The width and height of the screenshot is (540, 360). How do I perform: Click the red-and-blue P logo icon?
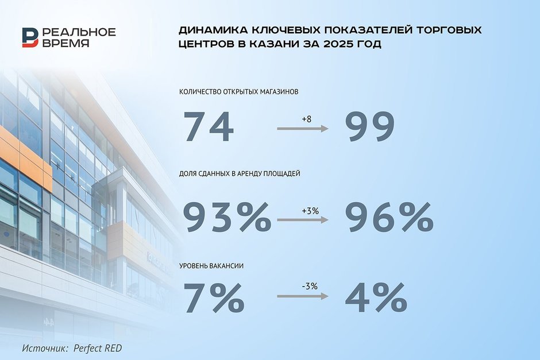(x=30, y=37)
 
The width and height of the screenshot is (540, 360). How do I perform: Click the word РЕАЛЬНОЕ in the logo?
(x=79, y=32)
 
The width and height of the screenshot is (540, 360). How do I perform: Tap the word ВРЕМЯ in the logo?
(x=66, y=43)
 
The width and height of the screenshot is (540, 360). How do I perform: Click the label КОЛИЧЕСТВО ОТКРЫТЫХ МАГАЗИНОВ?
(x=238, y=92)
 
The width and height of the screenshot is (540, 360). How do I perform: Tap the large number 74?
(x=209, y=126)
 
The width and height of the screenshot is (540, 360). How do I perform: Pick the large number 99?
(x=370, y=126)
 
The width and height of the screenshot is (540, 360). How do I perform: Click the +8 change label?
(x=306, y=119)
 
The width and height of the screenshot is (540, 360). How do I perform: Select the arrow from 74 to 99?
(x=303, y=129)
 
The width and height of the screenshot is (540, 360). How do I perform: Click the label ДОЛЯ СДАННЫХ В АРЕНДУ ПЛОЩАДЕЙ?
(x=240, y=173)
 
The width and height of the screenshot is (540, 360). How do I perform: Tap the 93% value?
(x=227, y=218)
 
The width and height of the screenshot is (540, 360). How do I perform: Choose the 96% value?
(x=389, y=218)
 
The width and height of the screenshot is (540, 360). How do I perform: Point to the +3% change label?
(x=310, y=211)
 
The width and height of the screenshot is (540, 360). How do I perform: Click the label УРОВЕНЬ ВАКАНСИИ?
(x=211, y=266)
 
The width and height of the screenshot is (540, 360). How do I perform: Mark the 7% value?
(x=214, y=298)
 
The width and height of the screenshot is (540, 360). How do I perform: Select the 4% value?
(x=376, y=298)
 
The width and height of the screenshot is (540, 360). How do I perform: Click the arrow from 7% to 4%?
(x=303, y=296)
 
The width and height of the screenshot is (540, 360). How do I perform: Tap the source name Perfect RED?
(x=98, y=349)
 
